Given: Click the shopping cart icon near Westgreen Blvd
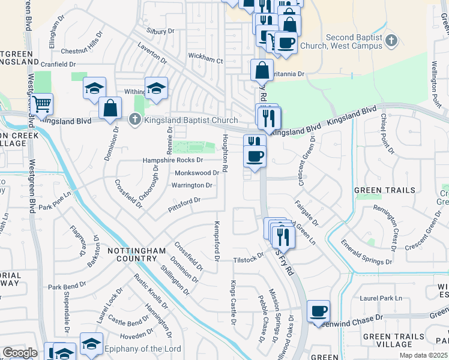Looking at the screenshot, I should [41, 104].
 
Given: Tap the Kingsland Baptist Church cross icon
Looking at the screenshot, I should [135, 120].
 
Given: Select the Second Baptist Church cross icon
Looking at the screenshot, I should [391, 41].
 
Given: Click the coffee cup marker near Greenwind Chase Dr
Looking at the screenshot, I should [318, 311].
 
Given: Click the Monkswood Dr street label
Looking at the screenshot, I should [196, 172].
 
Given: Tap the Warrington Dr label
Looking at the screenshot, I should [192, 185].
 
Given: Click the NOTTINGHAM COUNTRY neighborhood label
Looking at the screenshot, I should [132, 254].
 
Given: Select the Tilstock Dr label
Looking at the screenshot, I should [249, 257].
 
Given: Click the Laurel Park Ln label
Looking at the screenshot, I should [381, 298].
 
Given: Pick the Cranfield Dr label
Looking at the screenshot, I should [58, 64].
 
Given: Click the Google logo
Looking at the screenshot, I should [20, 352].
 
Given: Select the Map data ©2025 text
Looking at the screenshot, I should [423, 355].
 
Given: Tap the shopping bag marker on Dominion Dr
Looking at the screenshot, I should [110, 108].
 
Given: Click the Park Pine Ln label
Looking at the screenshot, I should [55, 207].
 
